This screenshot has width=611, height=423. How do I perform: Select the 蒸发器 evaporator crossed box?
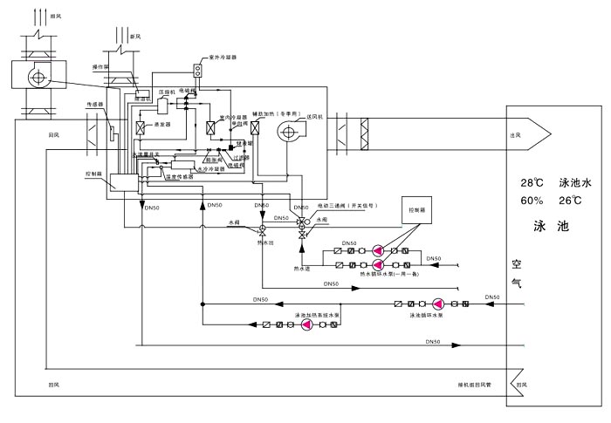[137, 126]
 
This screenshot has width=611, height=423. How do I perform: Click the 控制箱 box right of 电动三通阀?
[411, 209]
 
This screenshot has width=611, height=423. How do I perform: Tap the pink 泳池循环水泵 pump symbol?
[437, 304]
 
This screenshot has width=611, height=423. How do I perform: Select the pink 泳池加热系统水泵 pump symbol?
[307, 324]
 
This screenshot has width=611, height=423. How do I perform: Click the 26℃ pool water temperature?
[569, 200]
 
